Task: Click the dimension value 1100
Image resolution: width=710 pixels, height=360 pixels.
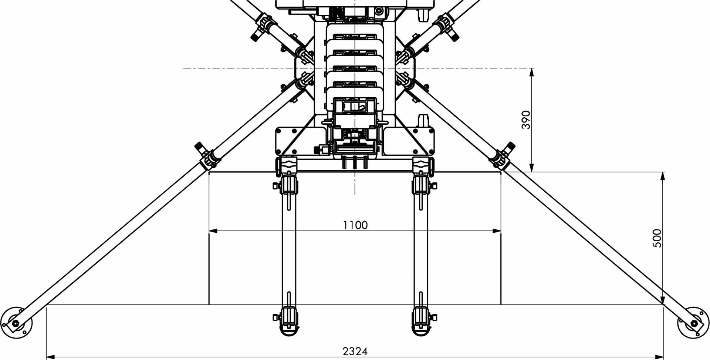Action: click(355, 225)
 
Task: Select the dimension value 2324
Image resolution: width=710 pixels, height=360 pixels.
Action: click(355, 351)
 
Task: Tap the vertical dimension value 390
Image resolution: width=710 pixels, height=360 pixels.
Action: click(525, 120)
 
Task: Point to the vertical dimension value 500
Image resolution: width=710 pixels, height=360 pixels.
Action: click(657, 238)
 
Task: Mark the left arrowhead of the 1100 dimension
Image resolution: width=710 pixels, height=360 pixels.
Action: click(213, 231)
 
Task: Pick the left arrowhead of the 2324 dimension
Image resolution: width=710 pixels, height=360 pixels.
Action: click(51, 357)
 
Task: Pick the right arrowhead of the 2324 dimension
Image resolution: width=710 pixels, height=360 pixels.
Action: click(660, 357)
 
